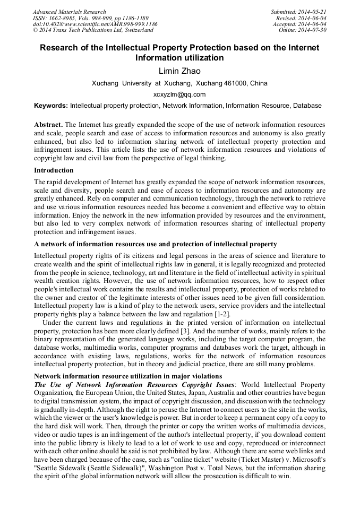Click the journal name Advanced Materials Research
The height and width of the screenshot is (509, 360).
point(70,12)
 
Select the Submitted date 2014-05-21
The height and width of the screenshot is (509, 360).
point(313,12)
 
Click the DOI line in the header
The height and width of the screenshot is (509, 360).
point(95,24)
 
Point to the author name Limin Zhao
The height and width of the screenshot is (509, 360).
point(179,71)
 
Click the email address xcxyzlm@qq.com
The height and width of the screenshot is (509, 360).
point(179,94)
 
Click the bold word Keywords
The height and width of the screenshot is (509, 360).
point(50,106)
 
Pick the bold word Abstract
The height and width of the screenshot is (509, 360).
point(48,124)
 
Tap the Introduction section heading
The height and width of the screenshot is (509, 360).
point(54,170)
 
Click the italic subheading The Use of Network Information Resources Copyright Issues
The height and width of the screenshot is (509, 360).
point(134,384)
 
